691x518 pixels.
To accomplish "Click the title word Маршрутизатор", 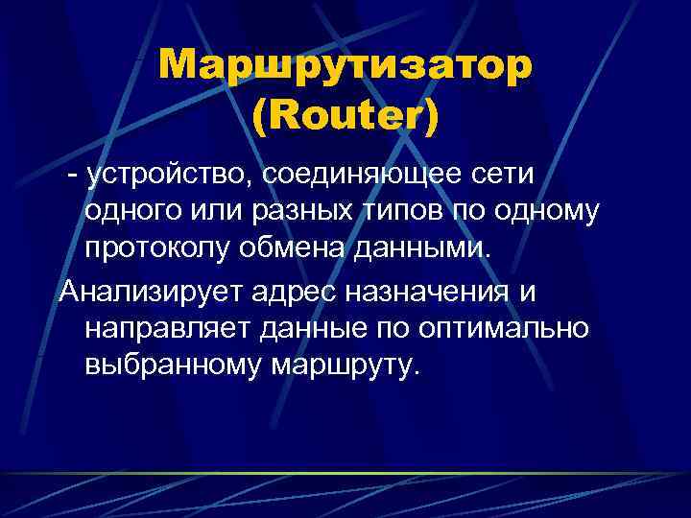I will tap(345, 65).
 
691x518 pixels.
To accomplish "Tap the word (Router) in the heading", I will tap(345, 115).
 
